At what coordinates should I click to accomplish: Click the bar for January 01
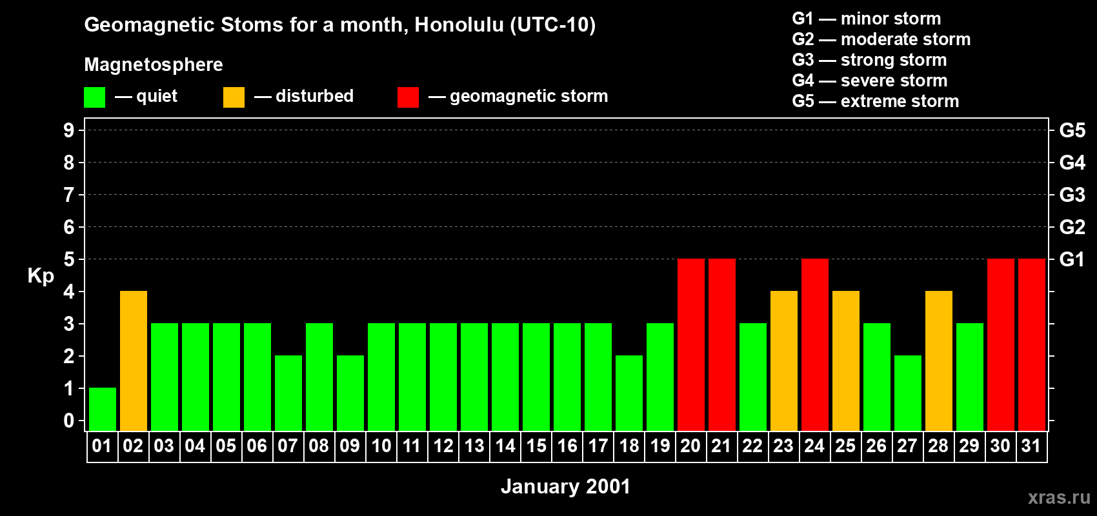[x=103, y=409]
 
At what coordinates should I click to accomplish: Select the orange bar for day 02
[x=134, y=361]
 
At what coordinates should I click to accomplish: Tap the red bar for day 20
[x=691, y=344]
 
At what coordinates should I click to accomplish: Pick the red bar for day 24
[x=815, y=344]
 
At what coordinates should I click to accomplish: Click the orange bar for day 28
[x=939, y=361]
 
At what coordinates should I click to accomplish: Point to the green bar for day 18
[x=629, y=393]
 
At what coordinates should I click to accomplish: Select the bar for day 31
[x=1032, y=344]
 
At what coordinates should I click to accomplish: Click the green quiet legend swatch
[x=94, y=97]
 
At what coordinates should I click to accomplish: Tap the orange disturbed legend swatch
[x=234, y=97]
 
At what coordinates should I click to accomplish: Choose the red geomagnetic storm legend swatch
[x=408, y=97]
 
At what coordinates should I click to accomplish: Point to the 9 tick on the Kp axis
[x=69, y=130]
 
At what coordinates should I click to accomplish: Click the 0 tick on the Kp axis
[x=69, y=421]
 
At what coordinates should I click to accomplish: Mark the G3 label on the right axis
[x=1072, y=195]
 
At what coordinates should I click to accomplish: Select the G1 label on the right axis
[x=1072, y=259]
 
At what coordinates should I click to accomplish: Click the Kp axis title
[x=41, y=275]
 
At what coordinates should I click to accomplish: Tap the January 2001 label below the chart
[x=565, y=486]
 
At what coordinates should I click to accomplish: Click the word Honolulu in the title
[x=459, y=25]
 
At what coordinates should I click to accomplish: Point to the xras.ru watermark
[x=1059, y=497]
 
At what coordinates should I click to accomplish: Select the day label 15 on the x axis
[x=536, y=446]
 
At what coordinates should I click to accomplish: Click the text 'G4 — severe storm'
[x=870, y=81]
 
